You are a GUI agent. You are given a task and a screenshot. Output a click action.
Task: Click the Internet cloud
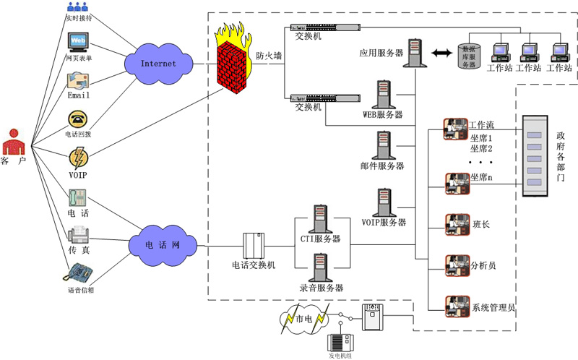click(158, 64)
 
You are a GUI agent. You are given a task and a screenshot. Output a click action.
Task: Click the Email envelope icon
click(78, 81)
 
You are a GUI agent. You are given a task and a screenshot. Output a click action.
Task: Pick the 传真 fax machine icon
click(78, 234)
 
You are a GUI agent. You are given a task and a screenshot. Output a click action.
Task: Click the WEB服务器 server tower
click(384, 95)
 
